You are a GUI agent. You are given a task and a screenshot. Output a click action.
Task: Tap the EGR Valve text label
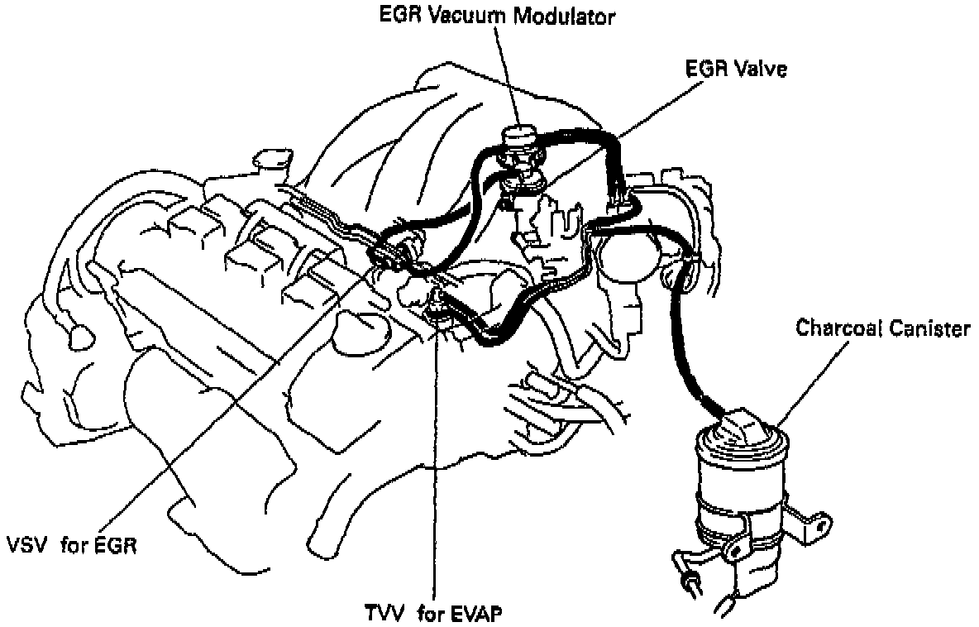click(x=736, y=69)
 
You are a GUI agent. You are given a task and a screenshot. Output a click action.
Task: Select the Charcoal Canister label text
click(x=882, y=328)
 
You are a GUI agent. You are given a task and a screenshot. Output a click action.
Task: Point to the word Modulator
click(x=570, y=17)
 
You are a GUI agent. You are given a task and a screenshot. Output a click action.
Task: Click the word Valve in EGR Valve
click(x=761, y=69)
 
